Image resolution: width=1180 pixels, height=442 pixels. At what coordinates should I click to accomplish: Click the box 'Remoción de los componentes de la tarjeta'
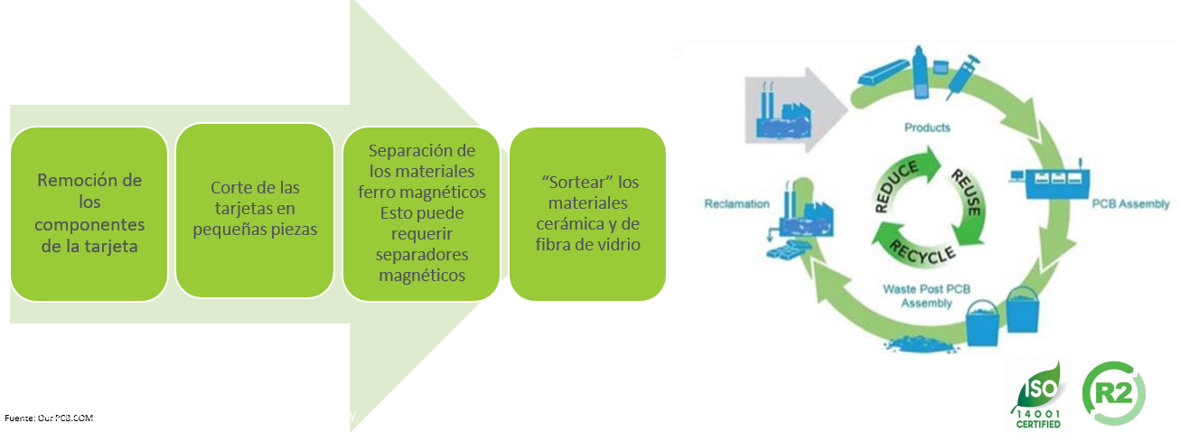point(89,213)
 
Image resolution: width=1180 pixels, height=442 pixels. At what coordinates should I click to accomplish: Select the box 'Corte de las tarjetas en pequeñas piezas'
point(255,210)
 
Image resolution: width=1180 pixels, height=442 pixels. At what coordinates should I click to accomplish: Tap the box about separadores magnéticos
point(421,213)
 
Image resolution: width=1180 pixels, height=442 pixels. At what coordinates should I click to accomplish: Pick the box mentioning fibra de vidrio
point(588,213)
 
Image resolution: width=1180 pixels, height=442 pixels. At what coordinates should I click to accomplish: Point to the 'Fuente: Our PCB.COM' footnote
point(49,418)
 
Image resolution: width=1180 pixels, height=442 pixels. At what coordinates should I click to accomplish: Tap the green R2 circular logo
point(1112,394)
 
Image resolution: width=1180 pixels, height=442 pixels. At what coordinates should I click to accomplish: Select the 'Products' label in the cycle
point(927,127)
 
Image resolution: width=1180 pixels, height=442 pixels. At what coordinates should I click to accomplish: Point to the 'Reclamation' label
point(736,204)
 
